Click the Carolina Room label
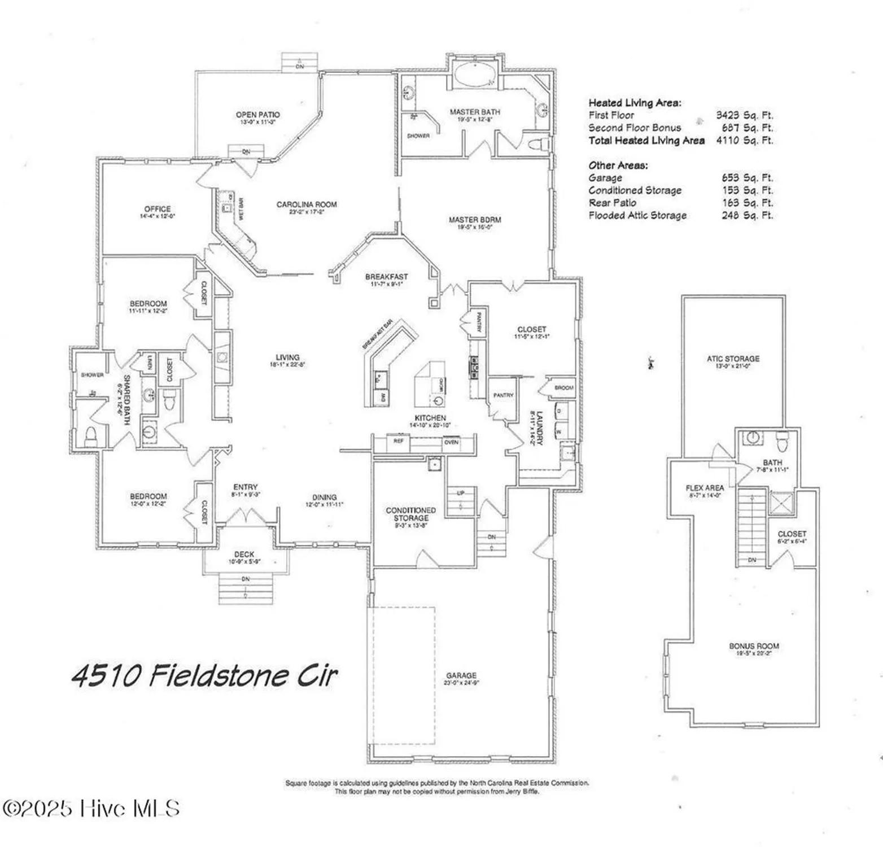tap(306, 205)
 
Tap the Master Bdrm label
tap(474, 220)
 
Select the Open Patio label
tap(257, 115)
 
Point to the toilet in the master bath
tap(537, 144)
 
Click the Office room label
tap(157, 209)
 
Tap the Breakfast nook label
tap(386, 277)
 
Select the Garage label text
tap(461, 675)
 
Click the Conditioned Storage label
tap(410, 514)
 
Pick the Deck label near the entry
tap(244, 555)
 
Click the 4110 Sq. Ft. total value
tap(744, 141)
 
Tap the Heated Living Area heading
tap(635, 103)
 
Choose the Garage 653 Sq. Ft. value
tap(747, 178)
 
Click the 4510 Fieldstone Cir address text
tap(204, 675)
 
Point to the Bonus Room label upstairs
tap(754, 646)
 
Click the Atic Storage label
tap(733, 359)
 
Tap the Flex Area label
tap(705, 488)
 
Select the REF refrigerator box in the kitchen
tap(399, 441)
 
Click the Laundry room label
tap(539, 428)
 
